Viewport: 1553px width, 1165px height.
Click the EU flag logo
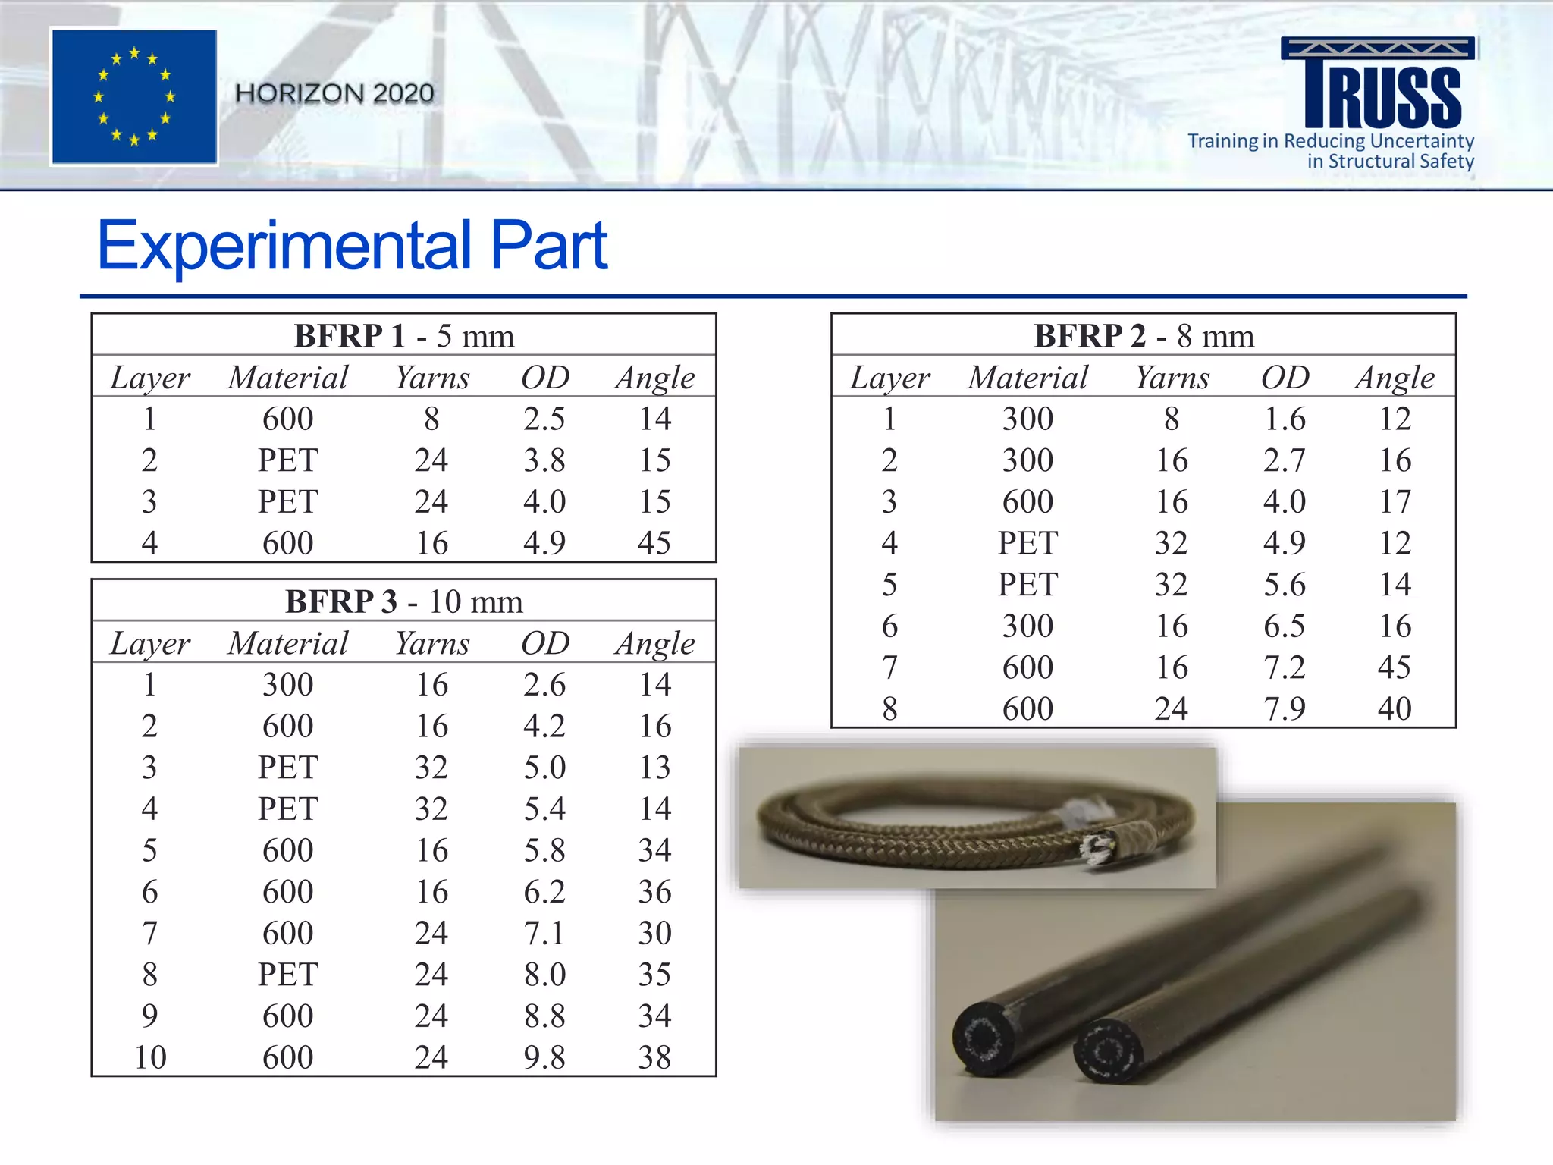134,96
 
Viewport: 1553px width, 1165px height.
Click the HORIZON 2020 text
334,93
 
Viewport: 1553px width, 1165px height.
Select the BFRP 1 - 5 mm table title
403,336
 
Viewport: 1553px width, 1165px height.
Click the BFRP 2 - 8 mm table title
1144,336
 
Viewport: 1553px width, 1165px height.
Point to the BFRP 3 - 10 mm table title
403,602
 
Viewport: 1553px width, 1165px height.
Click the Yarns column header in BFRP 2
1172,378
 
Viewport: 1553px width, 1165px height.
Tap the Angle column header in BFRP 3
655,644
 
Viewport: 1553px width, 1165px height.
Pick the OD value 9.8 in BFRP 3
544,1057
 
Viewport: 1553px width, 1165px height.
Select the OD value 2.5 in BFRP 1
544,419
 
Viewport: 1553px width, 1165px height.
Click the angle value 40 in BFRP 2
1395,709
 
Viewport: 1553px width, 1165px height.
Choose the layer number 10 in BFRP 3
150,1057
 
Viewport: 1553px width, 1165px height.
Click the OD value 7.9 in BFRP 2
1285,709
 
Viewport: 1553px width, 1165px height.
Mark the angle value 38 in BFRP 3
655,1057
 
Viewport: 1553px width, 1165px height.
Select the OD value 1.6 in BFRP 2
1285,419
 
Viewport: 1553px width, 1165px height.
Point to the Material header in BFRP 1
288,378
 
